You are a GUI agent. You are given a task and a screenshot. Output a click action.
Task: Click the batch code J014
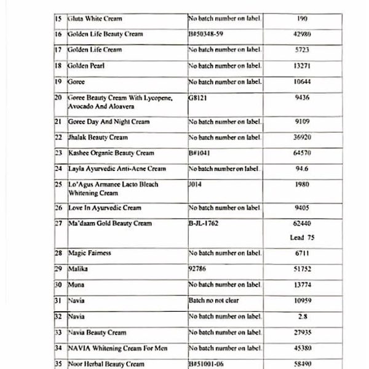(195, 184)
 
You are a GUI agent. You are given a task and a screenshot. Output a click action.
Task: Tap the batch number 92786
(199, 269)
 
